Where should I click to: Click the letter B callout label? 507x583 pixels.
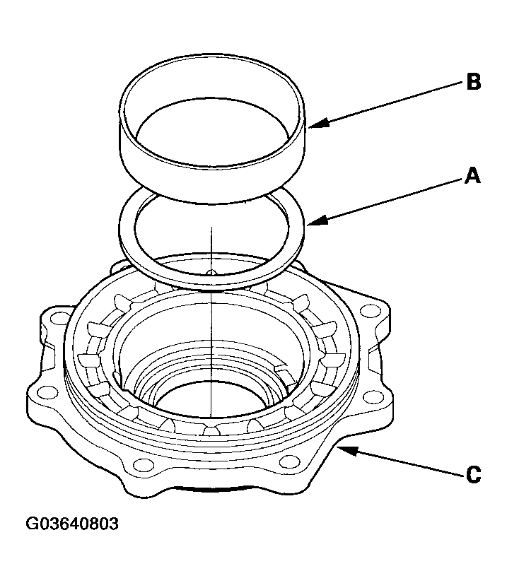(473, 82)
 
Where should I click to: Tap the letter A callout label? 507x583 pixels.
(472, 176)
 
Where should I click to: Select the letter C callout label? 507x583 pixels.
(473, 473)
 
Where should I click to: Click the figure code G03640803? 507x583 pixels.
(73, 524)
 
